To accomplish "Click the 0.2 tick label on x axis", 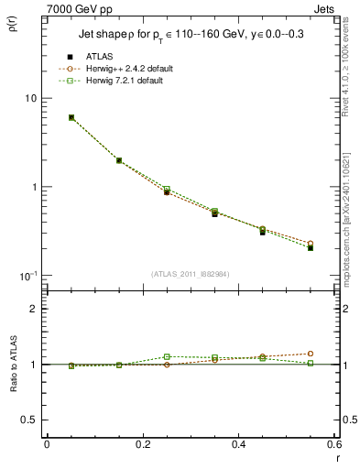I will pos(142,444).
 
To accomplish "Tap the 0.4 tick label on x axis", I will pos(238,444).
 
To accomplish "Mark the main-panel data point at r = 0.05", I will pos(71,117).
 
